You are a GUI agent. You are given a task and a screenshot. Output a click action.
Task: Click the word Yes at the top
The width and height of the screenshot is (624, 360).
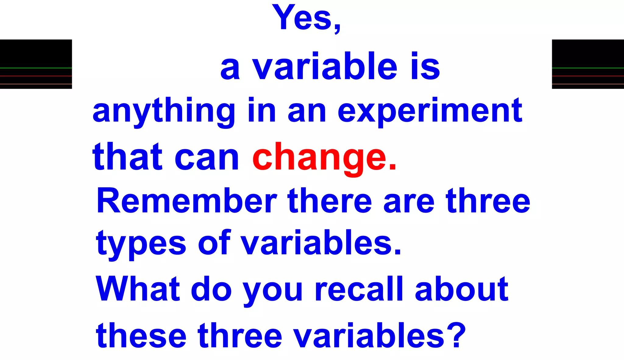coord(302,18)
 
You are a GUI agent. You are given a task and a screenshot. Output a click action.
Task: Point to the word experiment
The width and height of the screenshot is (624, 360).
coord(430,111)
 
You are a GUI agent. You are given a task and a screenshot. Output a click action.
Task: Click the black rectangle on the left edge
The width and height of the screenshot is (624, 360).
coord(36,53)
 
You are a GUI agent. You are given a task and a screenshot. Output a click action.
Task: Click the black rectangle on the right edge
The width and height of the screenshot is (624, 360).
coord(588,53)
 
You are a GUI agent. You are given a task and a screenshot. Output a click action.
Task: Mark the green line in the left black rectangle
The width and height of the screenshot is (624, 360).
coord(36,68)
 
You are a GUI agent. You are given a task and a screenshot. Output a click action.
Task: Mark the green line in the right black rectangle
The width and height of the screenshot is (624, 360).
coord(588,68)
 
